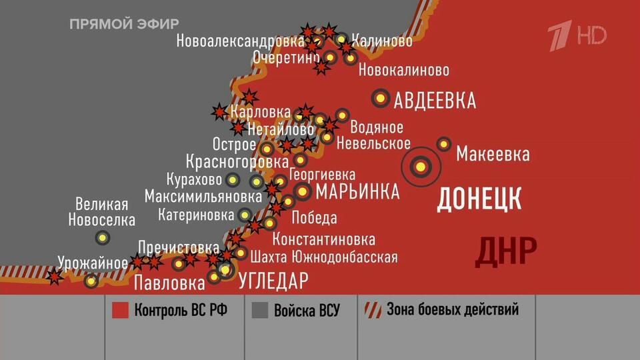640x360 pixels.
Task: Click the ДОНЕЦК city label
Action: (x=479, y=199)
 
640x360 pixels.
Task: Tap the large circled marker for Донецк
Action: (x=421, y=166)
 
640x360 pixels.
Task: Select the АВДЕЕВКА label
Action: (x=435, y=101)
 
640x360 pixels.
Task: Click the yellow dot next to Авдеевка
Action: (x=381, y=98)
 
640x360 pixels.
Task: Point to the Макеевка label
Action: (x=493, y=155)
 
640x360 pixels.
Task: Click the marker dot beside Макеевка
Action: (x=444, y=144)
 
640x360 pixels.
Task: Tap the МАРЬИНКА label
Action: (x=357, y=192)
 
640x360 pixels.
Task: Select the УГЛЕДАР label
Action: (x=273, y=281)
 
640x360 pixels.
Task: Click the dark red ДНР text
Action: (x=507, y=251)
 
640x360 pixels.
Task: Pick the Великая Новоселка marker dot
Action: (x=102, y=237)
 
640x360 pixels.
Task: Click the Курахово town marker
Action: (x=233, y=179)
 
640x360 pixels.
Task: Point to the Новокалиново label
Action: (x=404, y=70)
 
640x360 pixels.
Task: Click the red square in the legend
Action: (x=120, y=311)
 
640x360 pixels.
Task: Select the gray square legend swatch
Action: (x=260, y=311)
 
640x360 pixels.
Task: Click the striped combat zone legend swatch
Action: (x=372, y=310)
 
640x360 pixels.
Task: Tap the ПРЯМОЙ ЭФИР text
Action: (x=125, y=24)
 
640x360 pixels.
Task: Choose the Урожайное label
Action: (x=93, y=262)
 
